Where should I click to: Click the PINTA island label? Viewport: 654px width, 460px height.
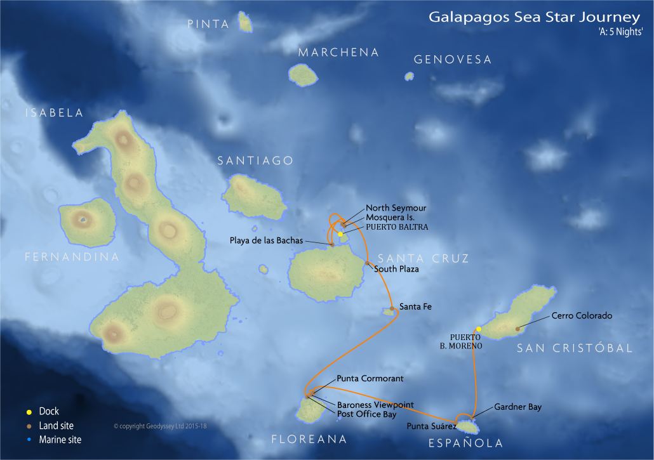coord(208,25)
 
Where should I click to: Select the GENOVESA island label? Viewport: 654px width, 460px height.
coord(453,60)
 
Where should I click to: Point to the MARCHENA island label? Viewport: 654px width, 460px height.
coord(338,53)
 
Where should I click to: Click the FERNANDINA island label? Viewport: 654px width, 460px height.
coord(72,257)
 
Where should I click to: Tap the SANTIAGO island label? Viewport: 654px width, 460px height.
coord(255,161)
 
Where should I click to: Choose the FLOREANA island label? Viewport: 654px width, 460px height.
coord(309,439)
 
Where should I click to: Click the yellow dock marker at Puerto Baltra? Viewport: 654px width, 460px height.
coord(340,234)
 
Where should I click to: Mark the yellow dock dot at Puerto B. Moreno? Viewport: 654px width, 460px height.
coord(478,329)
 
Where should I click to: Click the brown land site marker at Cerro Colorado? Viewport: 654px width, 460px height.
coord(517,329)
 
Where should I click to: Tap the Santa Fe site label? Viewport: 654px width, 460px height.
coord(415,307)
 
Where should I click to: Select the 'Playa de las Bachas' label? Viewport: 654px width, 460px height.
coord(267,240)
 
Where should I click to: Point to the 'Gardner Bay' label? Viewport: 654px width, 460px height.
coord(517,407)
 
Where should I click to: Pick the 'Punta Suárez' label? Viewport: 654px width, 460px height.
coord(430,426)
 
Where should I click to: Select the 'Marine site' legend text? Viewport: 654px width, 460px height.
coord(60,440)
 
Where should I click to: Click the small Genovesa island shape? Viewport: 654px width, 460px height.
coord(410,76)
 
